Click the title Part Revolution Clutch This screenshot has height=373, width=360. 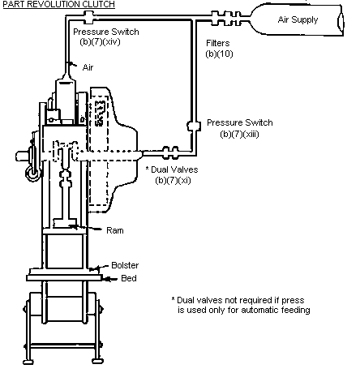click(x=58, y=4)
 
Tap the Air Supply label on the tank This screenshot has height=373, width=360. click(x=298, y=19)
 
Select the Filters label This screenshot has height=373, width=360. click(x=218, y=43)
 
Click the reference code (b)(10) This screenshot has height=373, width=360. click(x=219, y=54)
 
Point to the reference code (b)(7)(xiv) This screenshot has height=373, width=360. click(x=100, y=42)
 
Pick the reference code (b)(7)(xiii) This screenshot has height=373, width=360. click(x=239, y=134)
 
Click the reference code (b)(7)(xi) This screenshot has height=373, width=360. click(x=173, y=180)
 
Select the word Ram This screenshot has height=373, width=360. click(x=115, y=230)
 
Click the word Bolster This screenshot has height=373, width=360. click(x=125, y=265)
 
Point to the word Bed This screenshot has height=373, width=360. click(x=129, y=278)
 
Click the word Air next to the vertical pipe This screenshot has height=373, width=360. click(x=88, y=67)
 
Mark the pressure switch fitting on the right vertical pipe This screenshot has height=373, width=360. click(x=194, y=126)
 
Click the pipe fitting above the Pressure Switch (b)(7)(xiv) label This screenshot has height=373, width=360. click(x=88, y=17)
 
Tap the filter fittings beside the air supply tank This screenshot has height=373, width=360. click(x=226, y=18)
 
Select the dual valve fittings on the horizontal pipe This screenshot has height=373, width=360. click(x=170, y=152)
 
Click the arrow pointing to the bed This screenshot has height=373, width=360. click(x=111, y=279)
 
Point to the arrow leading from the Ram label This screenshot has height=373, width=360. click(x=86, y=228)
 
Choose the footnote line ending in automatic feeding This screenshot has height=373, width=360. click(x=244, y=310)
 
